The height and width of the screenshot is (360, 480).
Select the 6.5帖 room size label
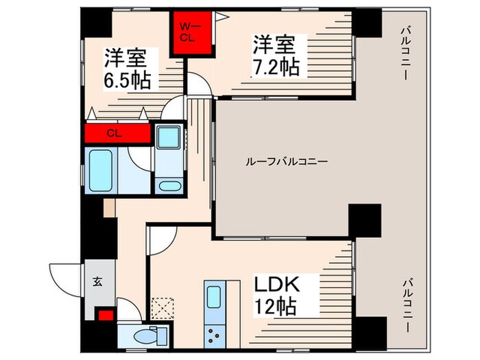click(x=128, y=69)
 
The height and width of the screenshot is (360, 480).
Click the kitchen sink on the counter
click(x=214, y=298)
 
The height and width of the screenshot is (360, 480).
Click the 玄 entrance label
click(x=97, y=280)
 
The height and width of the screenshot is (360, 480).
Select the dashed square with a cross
click(x=163, y=306)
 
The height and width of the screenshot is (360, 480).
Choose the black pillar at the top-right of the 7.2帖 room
click(x=368, y=23)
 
